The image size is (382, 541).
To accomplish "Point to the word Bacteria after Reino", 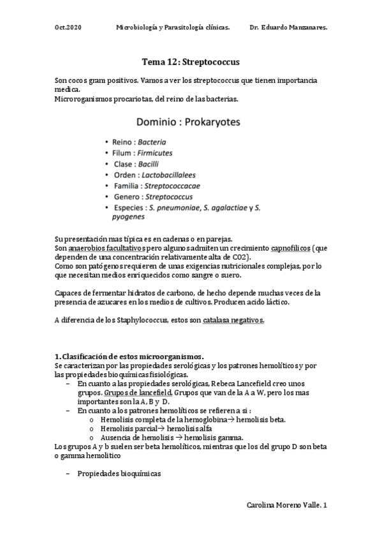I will (x=152, y=142).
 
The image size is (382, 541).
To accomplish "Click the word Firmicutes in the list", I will (x=154, y=153).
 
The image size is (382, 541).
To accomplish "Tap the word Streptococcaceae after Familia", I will (x=172, y=186).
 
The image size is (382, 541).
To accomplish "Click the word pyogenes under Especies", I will (x=128, y=217).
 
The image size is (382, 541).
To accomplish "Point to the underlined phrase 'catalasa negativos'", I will (x=233, y=320).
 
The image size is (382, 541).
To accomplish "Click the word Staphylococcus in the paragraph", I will (x=132, y=320).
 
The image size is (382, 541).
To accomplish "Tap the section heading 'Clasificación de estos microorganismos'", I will (x=133, y=355).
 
